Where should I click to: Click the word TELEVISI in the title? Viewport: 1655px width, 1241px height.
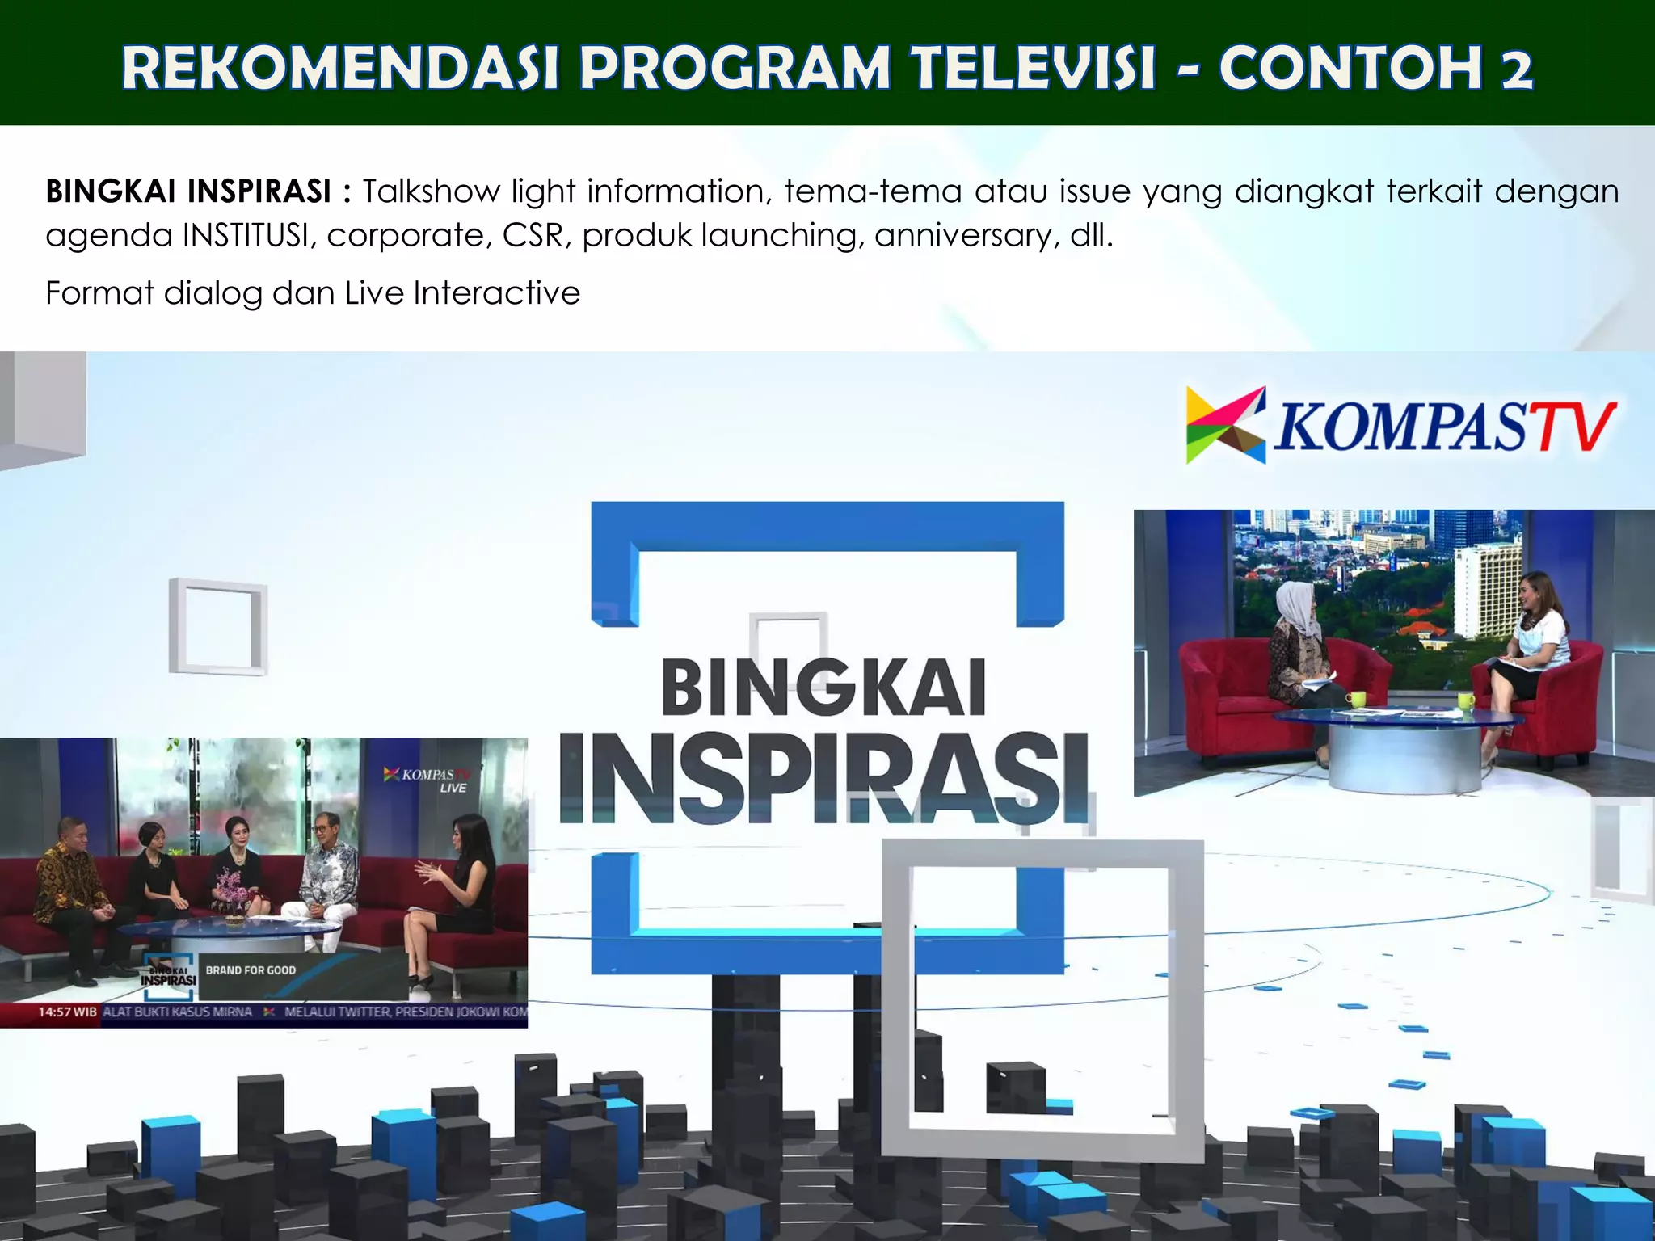(1034, 68)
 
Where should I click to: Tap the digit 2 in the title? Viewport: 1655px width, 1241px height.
(1517, 69)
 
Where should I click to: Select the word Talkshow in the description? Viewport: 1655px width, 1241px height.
(431, 192)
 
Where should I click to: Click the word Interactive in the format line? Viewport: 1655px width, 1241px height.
(496, 293)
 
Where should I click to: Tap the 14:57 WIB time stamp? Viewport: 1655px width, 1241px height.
(67, 1012)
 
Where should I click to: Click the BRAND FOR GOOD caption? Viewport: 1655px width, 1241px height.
(251, 970)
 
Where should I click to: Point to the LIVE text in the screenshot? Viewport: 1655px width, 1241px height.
(453, 788)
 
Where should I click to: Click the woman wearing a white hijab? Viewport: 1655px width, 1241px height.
(1295, 646)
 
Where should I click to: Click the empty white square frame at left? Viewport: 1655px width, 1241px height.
(217, 626)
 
